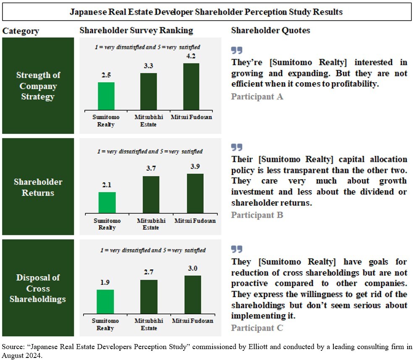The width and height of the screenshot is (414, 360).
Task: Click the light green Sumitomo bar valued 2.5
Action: pyautogui.click(x=106, y=96)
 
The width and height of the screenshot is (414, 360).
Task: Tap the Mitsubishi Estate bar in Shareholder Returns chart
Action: pyautogui.click(x=151, y=195)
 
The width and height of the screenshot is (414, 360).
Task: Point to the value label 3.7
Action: pyautogui.click(x=151, y=168)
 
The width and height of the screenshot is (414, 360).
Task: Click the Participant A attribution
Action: pyautogui.click(x=257, y=97)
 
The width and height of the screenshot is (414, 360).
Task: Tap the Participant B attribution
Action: pyautogui.click(x=257, y=215)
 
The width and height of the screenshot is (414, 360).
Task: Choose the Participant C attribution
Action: pyautogui.click(x=257, y=328)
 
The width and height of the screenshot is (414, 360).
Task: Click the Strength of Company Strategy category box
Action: pyautogui.click(x=38, y=86)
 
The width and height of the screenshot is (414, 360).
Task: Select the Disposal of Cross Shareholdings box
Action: pyautogui.click(x=38, y=288)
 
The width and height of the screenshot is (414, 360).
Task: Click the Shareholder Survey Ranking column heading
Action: pyautogui.click(x=136, y=31)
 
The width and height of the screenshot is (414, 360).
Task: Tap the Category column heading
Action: pyautogui.click(x=21, y=31)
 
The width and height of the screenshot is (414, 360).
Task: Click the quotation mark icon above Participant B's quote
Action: pyautogui.click(x=237, y=147)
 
